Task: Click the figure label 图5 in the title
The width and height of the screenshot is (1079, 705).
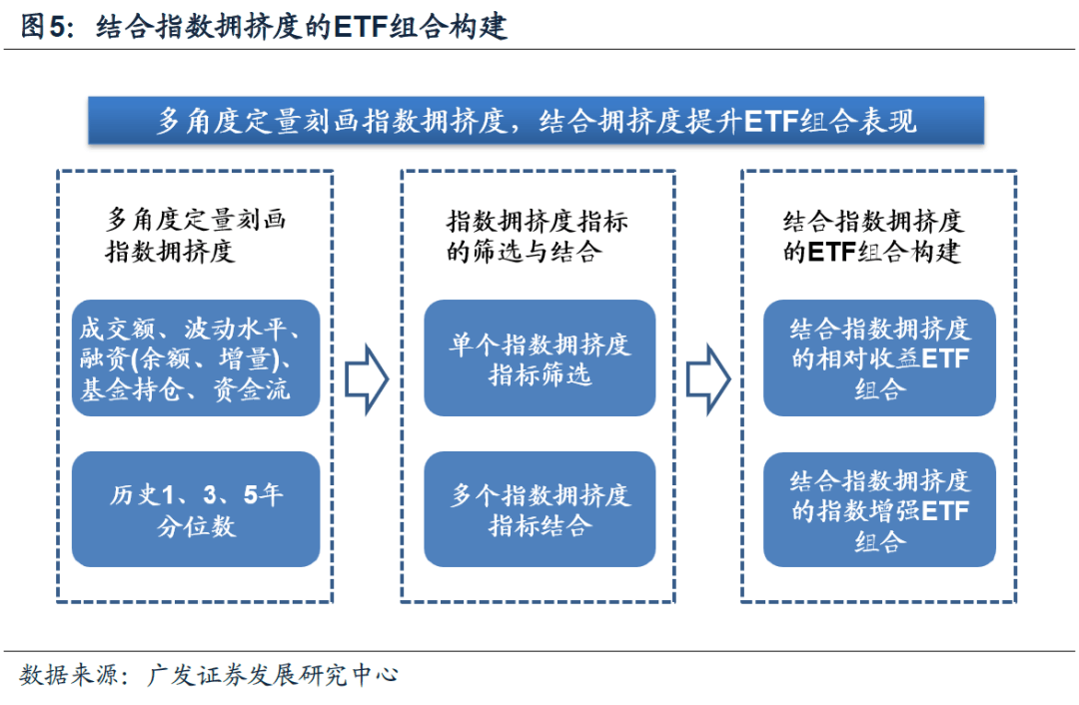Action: [x=44, y=26]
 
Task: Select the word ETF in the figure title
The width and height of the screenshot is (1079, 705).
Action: [x=361, y=26]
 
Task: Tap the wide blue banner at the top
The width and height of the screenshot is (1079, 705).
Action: [x=537, y=121]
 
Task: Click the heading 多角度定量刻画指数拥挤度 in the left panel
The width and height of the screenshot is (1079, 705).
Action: [x=196, y=236]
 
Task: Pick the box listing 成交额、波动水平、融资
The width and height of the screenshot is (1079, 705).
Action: [x=196, y=357]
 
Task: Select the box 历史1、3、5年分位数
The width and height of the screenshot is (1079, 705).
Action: [x=196, y=509]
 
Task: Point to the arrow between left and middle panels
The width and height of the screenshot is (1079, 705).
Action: [x=367, y=379]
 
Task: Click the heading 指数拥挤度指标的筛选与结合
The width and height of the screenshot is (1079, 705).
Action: [x=538, y=237]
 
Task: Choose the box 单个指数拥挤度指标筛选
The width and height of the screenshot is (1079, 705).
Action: [x=539, y=357]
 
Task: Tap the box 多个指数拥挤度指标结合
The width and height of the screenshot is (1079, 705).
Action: [x=539, y=509]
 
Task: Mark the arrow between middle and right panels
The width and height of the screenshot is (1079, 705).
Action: [x=708, y=379]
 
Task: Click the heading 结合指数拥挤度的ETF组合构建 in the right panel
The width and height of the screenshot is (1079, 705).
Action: [x=872, y=237]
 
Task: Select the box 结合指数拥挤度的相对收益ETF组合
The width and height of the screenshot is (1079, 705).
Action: [x=879, y=357]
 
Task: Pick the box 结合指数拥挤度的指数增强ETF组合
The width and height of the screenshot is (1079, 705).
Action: [x=879, y=509]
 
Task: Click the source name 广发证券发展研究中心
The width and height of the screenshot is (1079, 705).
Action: [x=273, y=675]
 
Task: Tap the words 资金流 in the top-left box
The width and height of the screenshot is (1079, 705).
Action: [x=251, y=390]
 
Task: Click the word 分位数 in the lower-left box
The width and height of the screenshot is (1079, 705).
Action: [x=196, y=526]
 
